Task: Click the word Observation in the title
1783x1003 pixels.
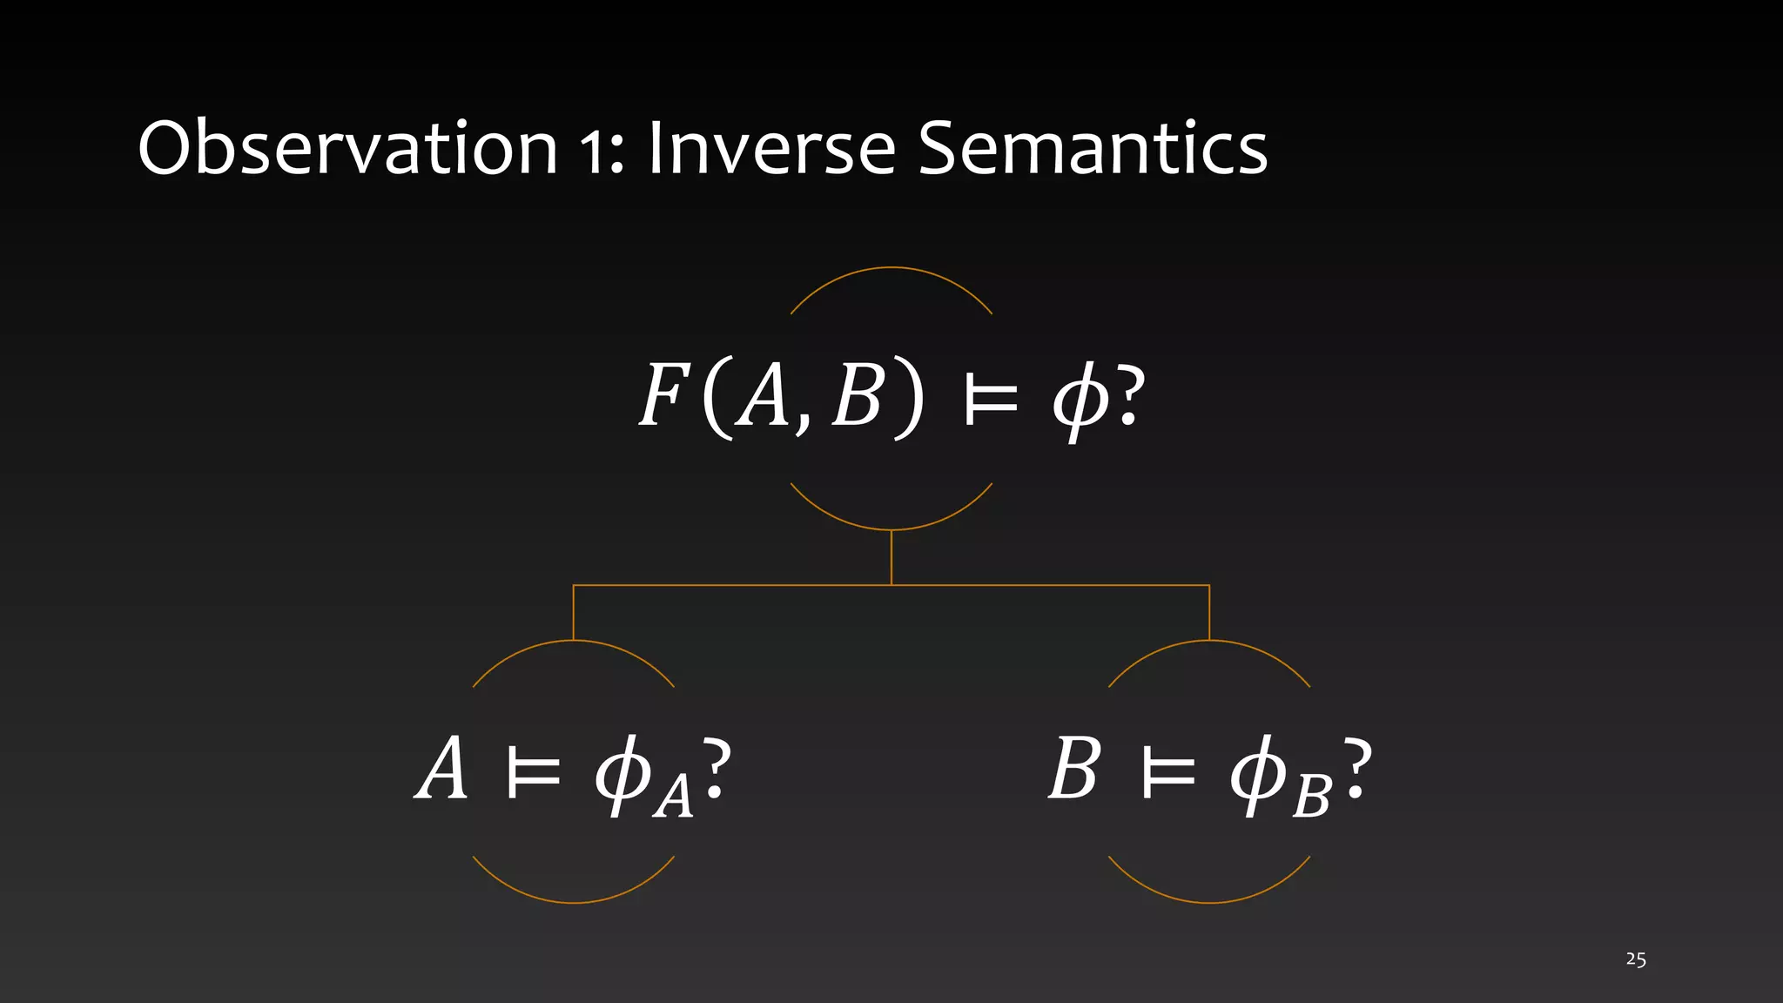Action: coord(347,148)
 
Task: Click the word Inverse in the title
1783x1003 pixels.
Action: coord(771,148)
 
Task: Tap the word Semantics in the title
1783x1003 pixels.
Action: coord(1093,148)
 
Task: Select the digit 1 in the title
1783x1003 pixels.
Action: coord(595,150)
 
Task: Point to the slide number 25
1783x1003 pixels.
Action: coord(1635,959)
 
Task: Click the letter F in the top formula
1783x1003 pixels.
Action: coord(663,396)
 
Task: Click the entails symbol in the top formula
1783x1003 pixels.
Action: coord(991,401)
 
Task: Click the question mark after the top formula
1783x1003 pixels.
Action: coord(1127,396)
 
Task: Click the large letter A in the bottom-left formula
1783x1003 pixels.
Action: coord(442,768)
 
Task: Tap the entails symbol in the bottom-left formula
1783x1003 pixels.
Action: coord(532,772)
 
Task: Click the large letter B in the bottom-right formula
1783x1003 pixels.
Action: coord(1074,768)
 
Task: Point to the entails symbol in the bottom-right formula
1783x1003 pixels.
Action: coord(1167,772)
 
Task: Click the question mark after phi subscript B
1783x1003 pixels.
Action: coord(1356,768)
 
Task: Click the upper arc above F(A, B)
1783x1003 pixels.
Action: coord(891,268)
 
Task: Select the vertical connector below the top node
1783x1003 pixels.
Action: coord(891,557)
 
